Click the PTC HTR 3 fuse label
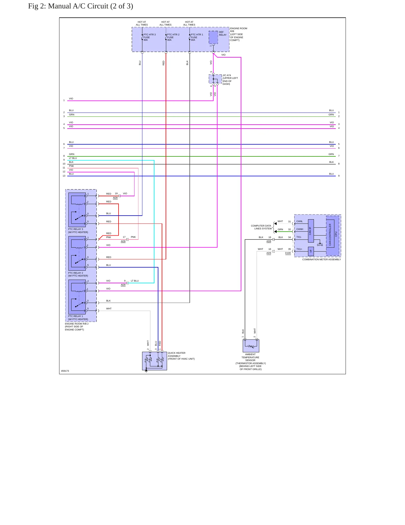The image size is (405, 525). point(149,37)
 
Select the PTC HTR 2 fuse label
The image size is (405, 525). point(173,37)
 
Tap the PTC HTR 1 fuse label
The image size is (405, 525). point(197,37)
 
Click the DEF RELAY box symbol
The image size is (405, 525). point(213,37)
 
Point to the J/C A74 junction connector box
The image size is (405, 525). point(215,79)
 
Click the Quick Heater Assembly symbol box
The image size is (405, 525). point(154,361)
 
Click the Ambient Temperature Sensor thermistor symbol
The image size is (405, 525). point(251,346)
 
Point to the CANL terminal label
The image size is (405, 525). point(300,221)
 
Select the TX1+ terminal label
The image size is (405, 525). point(299,249)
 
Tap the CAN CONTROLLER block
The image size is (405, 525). point(330,235)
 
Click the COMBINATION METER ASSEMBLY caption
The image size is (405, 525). point(321,259)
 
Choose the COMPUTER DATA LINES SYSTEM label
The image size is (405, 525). point(261,227)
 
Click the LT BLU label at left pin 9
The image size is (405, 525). point(73,158)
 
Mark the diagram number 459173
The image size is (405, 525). point(65,371)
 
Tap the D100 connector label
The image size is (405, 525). point(288,253)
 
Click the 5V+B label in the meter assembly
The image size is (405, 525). point(320,245)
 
